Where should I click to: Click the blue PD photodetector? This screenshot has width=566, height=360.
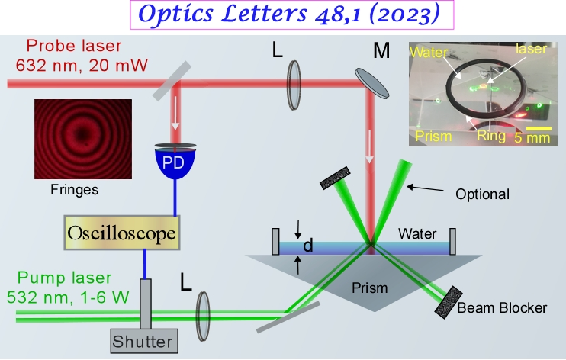click(175, 163)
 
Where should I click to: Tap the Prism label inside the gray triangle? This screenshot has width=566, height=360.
click(371, 288)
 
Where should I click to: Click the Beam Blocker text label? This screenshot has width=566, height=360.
click(503, 308)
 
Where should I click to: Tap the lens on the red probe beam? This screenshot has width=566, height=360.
click(294, 79)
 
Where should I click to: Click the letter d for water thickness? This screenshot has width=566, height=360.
click(308, 246)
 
